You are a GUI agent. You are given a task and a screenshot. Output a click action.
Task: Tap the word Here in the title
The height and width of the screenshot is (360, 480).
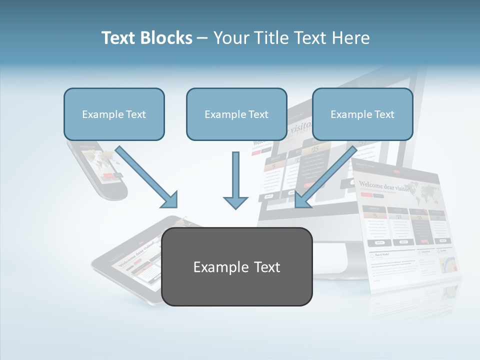(351, 38)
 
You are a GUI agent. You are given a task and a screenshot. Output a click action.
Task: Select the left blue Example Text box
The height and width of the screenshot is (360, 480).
(114, 114)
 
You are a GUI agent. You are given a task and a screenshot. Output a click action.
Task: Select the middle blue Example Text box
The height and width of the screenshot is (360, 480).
(236, 114)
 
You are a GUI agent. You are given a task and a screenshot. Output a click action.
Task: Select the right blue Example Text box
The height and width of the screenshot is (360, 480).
(362, 114)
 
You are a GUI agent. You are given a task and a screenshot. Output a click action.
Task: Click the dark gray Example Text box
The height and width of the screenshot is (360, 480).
(236, 267)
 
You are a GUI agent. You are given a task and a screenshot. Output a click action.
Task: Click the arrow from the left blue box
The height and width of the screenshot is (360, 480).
(148, 178)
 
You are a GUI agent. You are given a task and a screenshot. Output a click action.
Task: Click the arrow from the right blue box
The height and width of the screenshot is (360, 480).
(324, 178)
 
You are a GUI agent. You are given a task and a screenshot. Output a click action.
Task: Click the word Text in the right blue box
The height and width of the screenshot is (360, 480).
(384, 114)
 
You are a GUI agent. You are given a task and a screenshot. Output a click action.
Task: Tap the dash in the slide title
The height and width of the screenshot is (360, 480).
(202, 38)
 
